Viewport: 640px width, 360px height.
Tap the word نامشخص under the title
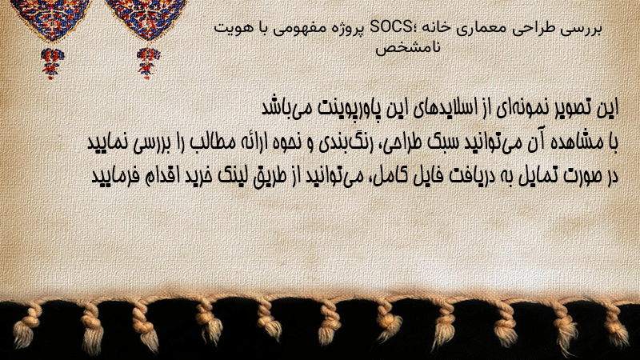point(408,48)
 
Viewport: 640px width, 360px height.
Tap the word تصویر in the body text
point(567,108)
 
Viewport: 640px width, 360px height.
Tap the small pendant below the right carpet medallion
point(148,63)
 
